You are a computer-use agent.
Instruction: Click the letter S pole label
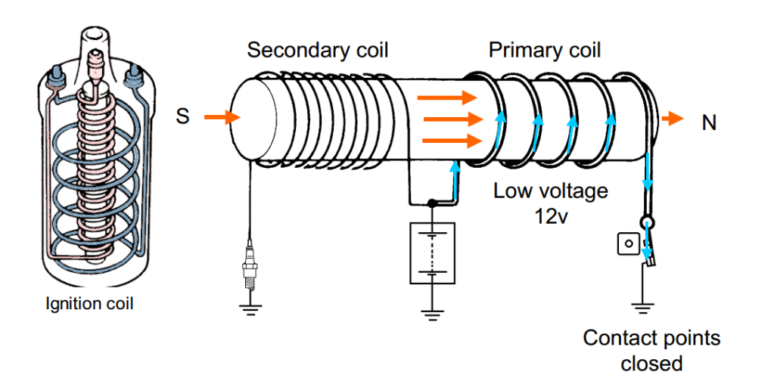click(182, 118)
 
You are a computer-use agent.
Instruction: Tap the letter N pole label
click(709, 122)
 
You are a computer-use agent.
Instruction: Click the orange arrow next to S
click(223, 117)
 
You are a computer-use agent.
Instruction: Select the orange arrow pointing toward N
click(673, 119)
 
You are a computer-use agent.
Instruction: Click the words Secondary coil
click(318, 51)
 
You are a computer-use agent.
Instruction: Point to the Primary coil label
click(545, 51)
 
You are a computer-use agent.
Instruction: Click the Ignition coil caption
click(89, 305)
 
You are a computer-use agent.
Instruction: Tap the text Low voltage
click(551, 190)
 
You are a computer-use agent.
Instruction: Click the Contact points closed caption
click(650, 350)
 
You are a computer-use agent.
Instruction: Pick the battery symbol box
click(432, 253)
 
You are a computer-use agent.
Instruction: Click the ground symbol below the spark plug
click(248, 308)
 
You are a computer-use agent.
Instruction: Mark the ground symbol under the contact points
click(641, 306)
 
